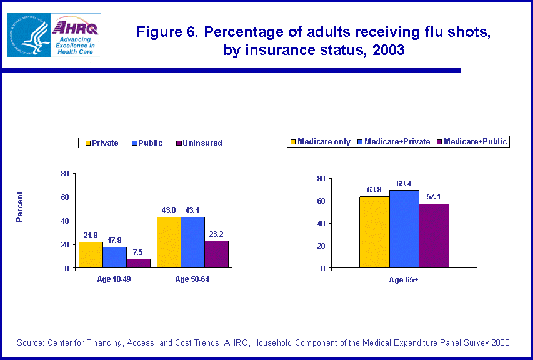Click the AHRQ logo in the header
77,34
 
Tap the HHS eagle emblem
29,34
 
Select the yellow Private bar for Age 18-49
91,255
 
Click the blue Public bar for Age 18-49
114,257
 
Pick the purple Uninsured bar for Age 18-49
138,263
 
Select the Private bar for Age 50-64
169,242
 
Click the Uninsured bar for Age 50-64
216,254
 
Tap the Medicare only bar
374,232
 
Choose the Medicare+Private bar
404,229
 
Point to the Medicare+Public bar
434,236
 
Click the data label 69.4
404,184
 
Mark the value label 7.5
138,252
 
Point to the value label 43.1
192,211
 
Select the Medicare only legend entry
320,142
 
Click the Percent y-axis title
20,207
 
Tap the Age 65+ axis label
404,280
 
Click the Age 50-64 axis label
192,279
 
